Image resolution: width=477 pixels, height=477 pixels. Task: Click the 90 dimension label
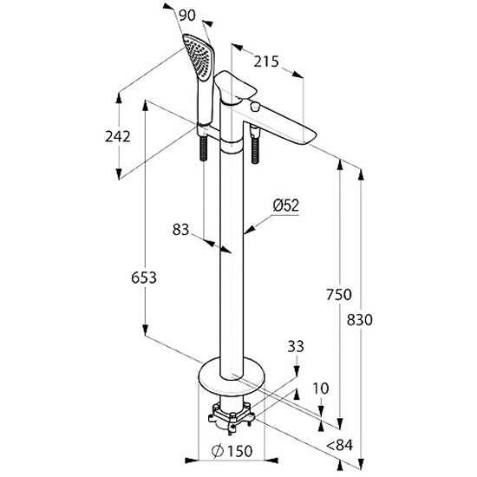187,16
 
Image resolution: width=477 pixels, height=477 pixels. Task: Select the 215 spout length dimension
266,62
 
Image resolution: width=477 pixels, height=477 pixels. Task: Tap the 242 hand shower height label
118,136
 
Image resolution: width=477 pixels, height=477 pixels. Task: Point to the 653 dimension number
144,278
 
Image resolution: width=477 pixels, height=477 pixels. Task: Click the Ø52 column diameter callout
286,206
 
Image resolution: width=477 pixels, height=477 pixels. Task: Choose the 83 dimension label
180,230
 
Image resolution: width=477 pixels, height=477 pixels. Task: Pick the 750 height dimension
339,295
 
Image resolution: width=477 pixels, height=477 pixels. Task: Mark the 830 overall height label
360,320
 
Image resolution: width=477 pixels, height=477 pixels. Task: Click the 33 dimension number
296,346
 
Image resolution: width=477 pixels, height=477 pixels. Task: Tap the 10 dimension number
321,389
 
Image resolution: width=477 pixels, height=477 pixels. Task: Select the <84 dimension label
340,446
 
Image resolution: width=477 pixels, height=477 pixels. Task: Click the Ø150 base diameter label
232,451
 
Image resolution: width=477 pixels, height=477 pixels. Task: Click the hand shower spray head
197,56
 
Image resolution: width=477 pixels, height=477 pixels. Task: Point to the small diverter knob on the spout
255,107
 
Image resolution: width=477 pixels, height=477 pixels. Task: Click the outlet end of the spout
307,136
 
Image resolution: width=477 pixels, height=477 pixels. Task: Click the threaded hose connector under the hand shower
203,148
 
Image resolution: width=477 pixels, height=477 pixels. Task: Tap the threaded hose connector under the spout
255,146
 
